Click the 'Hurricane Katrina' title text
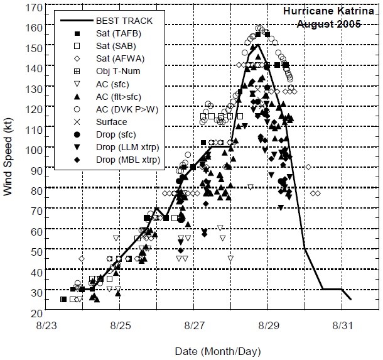[x=331, y=11]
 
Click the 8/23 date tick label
[x=45, y=327]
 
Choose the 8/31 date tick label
[x=342, y=327]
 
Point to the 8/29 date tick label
[x=268, y=327]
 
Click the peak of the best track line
[x=257, y=45]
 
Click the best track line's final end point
[x=350, y=299]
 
